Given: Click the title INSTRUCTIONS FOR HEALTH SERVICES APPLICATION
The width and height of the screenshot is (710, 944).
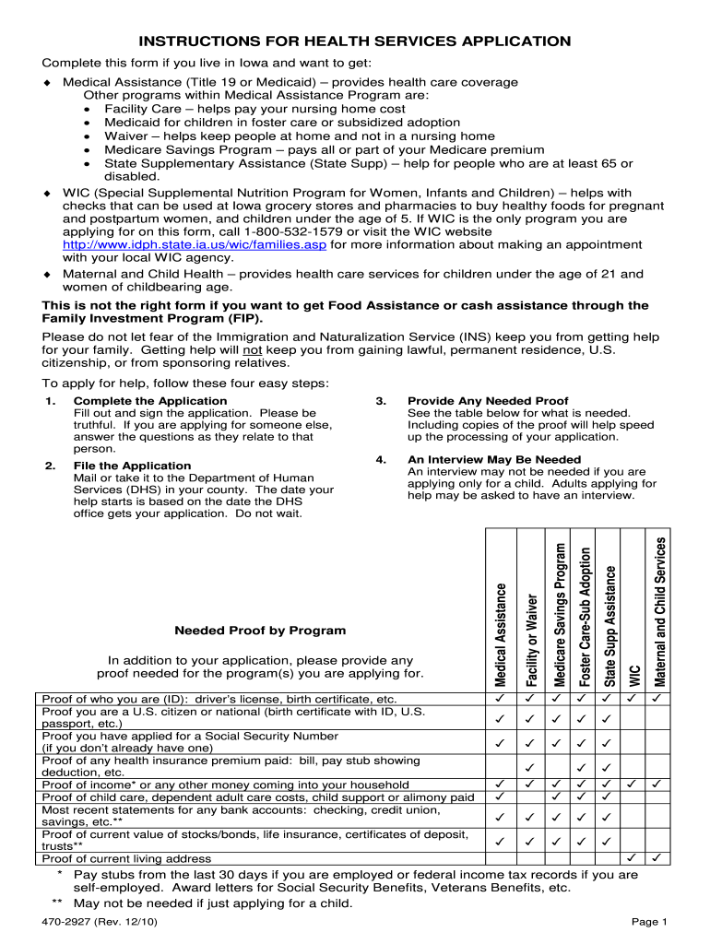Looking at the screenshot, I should click(355, 41).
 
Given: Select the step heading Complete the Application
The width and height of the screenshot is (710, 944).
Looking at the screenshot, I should click(149, 401).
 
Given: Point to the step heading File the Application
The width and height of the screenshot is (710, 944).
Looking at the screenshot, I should click(132, 466).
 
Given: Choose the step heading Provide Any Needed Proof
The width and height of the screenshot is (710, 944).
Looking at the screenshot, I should click(488, 401).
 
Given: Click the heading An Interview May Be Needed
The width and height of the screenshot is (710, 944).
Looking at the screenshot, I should click(494, 459).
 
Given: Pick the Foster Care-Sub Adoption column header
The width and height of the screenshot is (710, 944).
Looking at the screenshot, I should click(585, 615).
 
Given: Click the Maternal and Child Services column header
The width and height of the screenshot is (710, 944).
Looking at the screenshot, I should click(659, 611).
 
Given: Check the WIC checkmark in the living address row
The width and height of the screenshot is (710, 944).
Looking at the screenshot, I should click(633, 858).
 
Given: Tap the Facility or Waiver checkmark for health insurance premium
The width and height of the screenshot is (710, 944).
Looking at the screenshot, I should click(529, 767).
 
